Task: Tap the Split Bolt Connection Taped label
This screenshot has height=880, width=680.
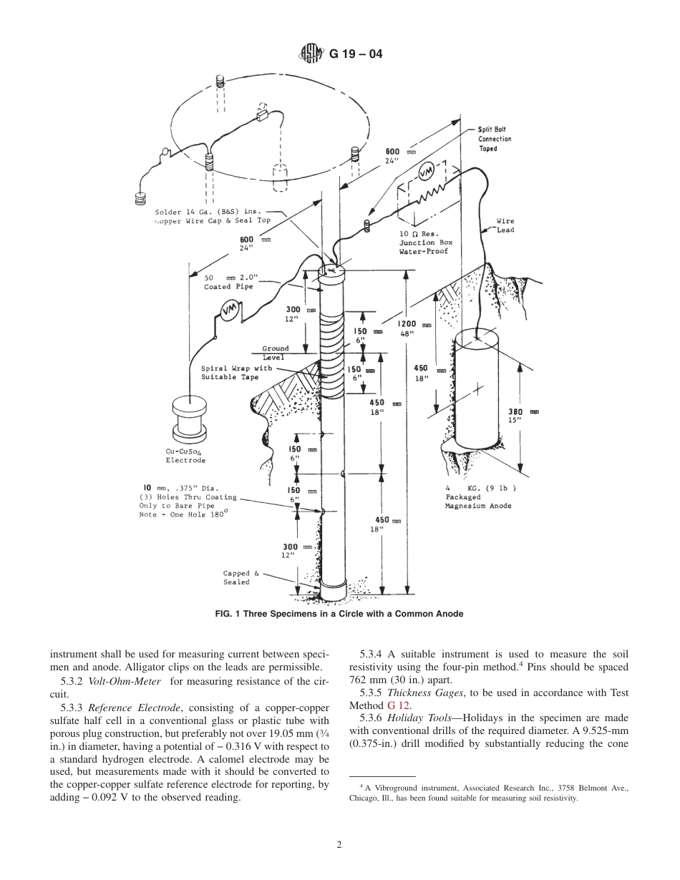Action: point(495,139)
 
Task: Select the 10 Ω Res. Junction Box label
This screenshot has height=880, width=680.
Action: point(426,243)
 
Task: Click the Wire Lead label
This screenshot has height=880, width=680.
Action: point(505,225)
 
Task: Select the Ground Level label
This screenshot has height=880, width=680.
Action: point(275,353)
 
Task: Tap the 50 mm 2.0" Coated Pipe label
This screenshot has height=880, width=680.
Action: point(228,282)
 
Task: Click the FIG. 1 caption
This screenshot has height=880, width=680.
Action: point(339,614)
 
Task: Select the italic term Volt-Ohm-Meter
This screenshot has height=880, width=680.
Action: point(124,681)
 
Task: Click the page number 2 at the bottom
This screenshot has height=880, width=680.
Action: point(339,844)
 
